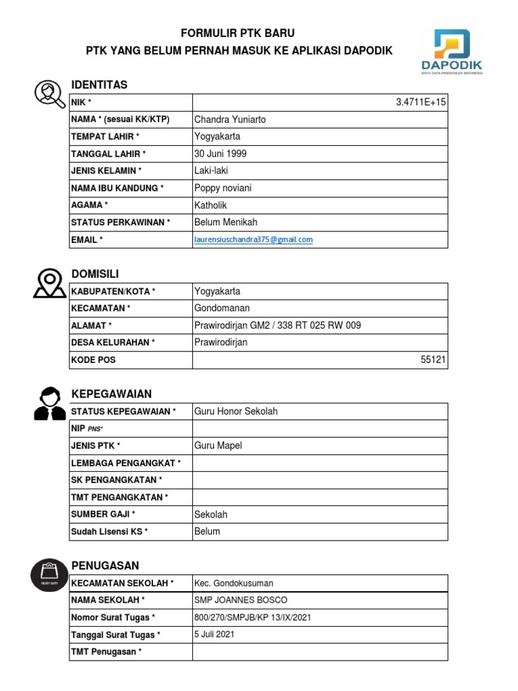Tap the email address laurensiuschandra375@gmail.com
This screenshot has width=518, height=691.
[x=254, y=240]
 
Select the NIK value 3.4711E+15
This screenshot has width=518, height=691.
[x=421, y=103]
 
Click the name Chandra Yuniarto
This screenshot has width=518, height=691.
[x=230, y=119]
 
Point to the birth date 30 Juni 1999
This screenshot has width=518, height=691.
[x=221, y=154]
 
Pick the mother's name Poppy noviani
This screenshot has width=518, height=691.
[x=223, y=188]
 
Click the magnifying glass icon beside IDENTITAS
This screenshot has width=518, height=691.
[x=50, y=94]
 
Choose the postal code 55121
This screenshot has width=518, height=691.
[x=433, y=360]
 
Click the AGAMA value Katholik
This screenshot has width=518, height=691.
[x=211, y=205]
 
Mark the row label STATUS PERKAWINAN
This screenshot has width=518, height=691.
[x=121, y=222]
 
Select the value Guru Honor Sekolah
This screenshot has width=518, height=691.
[x=236, y=412]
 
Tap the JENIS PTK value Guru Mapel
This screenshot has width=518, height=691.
[x=218, y=445]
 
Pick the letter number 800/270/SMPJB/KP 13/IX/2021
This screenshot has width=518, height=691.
[x=253, y=617]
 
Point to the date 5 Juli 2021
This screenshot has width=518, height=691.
[x=214, y=634]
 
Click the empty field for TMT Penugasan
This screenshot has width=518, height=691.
[x=319, y=652]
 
